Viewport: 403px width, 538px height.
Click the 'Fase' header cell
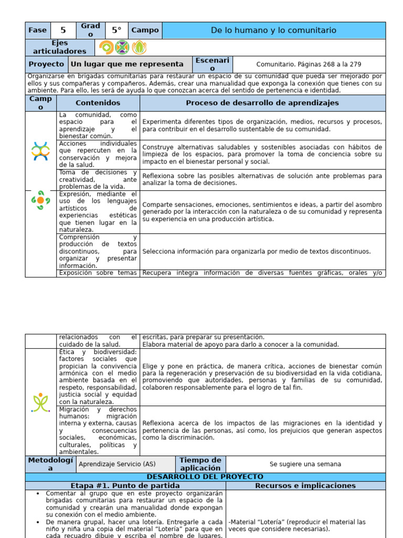[x=37, y=30]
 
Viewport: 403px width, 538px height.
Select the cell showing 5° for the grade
[x=116, y=30]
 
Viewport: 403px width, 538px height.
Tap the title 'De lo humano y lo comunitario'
[x=273, y=30]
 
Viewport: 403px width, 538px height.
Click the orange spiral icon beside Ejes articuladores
[x=107, y=47]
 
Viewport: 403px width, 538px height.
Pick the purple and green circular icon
[x=122, y=47]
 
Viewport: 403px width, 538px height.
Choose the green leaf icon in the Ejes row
[x=139, y=47]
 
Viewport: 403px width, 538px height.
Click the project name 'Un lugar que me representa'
[x=127, y=64]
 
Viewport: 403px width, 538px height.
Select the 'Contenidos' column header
[x=98, y=103]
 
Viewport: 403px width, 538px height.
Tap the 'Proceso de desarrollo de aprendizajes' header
[x=262, y=103]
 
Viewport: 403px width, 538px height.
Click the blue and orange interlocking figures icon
[x=40, y=151]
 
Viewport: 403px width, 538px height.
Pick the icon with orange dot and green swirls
[x=40, y=200]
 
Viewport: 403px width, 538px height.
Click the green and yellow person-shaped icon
[x=40, y=402]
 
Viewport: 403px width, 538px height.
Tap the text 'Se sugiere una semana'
[x=305, y=464]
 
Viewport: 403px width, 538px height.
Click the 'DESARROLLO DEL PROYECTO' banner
[x=205, y=477]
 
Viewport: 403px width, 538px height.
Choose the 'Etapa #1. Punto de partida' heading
[x=125, y=486]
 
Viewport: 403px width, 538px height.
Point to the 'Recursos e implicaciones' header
[x=305, y=486]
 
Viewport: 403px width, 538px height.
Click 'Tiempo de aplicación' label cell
[x=200, y=464]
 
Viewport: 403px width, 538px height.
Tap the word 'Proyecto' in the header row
[x=46, y=64]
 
